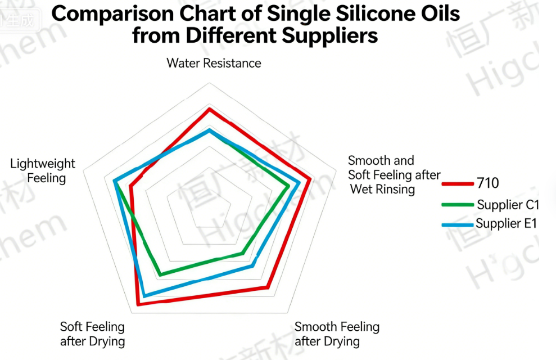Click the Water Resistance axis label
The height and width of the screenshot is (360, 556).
pyautogui.click(x=214, y=63)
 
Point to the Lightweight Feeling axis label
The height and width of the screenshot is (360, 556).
pyautogui.click(x=43, y=171)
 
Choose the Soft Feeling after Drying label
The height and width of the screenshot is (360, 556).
pyautogui.click(x=92, y=334)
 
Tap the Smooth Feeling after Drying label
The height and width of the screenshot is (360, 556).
pyautogui.click(x=337, y=334)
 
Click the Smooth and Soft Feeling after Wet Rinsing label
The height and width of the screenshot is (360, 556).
pyautogui.click(x=394, y=175)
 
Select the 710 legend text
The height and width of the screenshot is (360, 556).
pyautogui.click(x=487, y=183)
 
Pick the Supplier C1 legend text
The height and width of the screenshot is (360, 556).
pyautogui.click(x=508, y=204)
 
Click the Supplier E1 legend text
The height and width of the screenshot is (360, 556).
pyautogui.click(x=507, y=223)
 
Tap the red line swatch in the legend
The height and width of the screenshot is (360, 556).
pyautogui.click(x=458, y=183)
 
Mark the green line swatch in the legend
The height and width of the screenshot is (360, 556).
pyautogui.click(x=458, y=205)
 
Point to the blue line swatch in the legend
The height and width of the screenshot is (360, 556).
pyautogui.click(x=458, y=225)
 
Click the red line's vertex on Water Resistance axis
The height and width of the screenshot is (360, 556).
pyautogui.click(x=209, y=109)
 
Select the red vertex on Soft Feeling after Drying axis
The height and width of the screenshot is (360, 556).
pyautogui.click(x=138, y=304)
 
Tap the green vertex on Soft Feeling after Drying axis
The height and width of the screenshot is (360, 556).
pyautogui.click(x=161, y=275)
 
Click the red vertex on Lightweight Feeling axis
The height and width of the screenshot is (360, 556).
pyautogui.click(x=130, y=186)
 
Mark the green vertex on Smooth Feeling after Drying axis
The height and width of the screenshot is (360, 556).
pyautogui.click(x=243, y=254)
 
